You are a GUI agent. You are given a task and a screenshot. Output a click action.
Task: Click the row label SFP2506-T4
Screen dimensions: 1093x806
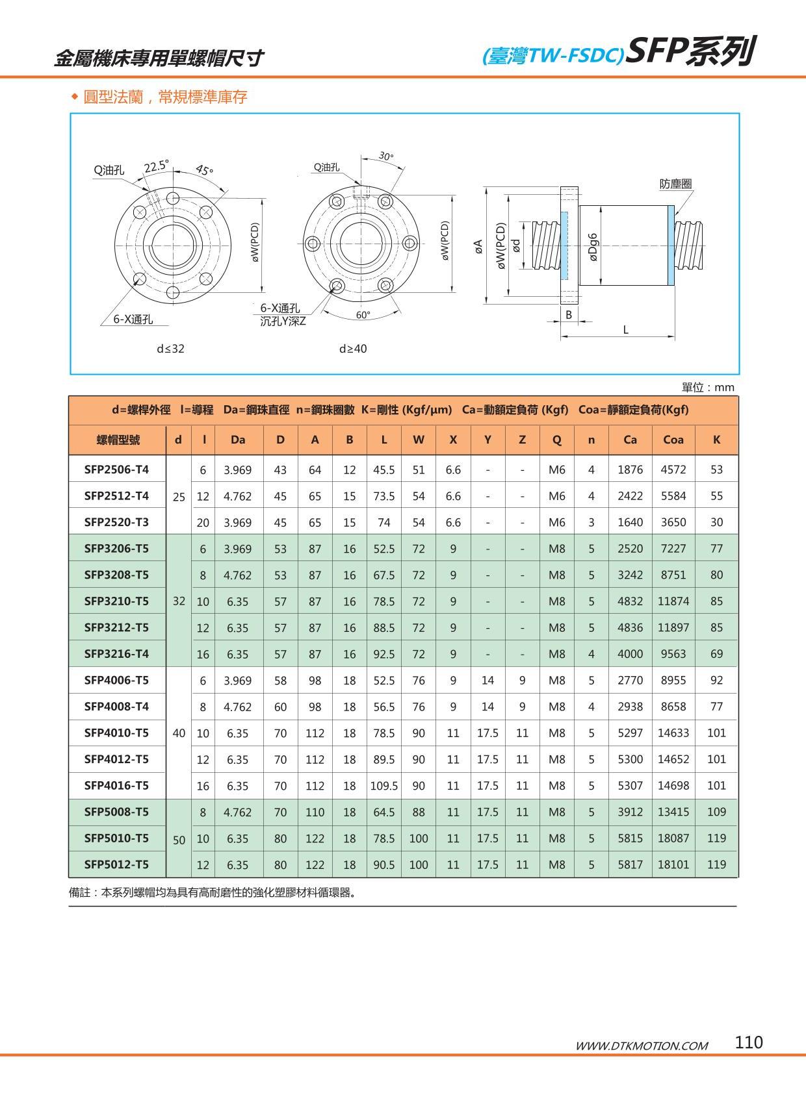point(116,469)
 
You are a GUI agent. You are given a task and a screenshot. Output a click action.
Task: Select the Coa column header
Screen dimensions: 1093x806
point(673,440)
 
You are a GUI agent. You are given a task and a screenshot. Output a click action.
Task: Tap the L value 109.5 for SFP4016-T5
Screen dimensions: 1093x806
point(383,785)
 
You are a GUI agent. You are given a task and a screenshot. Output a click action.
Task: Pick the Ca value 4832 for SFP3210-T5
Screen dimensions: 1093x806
point(629,601)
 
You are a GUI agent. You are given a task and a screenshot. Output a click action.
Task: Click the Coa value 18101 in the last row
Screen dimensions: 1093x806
point(673,864)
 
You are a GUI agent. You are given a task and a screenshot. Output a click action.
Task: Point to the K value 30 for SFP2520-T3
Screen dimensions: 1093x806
point(716,522)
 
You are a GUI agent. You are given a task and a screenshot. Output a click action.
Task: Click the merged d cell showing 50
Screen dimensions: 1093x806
point(179,840)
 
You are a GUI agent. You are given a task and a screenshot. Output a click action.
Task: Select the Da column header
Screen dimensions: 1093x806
point(238,440)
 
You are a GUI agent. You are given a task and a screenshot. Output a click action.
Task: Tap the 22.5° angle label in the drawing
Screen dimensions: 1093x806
point(156,166)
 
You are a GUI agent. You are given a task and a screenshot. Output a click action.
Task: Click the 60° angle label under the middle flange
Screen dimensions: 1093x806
point(363,315)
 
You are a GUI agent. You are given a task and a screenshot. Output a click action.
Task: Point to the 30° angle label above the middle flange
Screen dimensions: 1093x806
point(386,157)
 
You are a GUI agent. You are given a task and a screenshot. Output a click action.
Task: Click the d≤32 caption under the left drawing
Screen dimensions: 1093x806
point(170,349)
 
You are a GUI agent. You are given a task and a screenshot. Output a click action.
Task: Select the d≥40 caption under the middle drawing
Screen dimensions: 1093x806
point(353,349)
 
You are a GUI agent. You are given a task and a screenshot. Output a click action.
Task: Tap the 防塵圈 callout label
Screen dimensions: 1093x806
point(675,184)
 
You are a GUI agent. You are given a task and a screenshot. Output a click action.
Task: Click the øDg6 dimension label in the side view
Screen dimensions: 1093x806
point(593,247)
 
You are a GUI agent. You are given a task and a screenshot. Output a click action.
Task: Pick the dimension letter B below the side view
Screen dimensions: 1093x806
point(568,314)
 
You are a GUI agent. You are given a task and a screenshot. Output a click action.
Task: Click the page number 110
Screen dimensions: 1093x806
point(748,1042)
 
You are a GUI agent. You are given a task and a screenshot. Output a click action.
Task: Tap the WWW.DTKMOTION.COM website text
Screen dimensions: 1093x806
point(642,1046)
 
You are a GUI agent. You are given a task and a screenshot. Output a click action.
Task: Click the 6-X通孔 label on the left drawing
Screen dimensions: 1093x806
point(133,319)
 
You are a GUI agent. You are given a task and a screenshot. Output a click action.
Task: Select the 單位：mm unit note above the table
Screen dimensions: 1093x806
point(707,388)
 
